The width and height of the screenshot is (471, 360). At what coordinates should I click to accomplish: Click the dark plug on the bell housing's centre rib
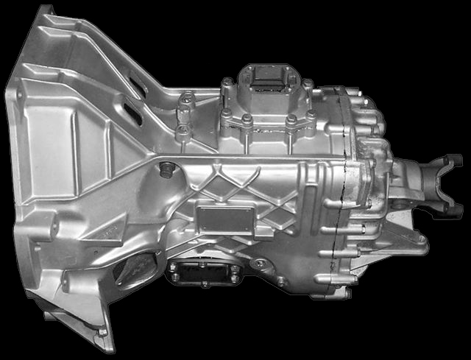pyautogui.click(x=166, y=170)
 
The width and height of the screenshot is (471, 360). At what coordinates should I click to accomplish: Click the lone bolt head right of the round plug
pyautogui.click(x=281, y=282)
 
